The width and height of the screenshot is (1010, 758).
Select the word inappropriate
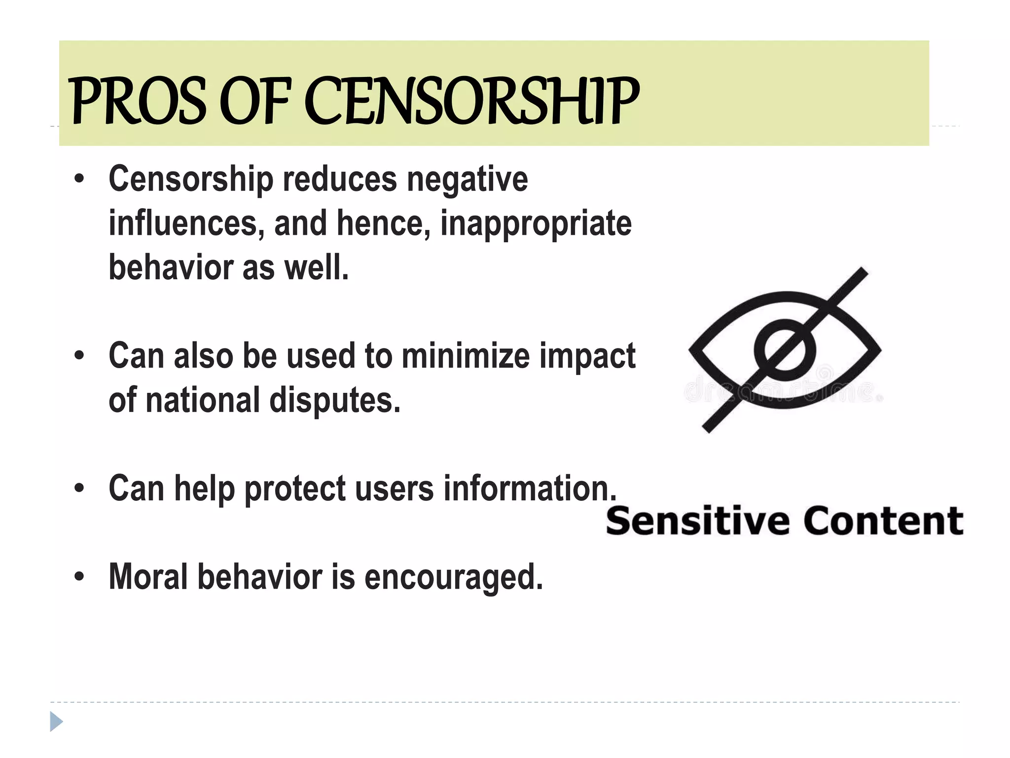pos(536,224)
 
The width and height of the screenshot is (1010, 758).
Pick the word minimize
pos(465,356)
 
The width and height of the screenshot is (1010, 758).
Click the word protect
pos(295,489)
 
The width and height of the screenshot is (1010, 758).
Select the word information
pos(530,489)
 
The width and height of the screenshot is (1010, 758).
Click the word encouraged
pos(453,577)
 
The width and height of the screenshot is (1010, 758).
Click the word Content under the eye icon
pos(883,521)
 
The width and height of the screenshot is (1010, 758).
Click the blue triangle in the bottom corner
pos(56,722)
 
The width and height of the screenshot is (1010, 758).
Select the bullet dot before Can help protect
pos(79,488)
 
